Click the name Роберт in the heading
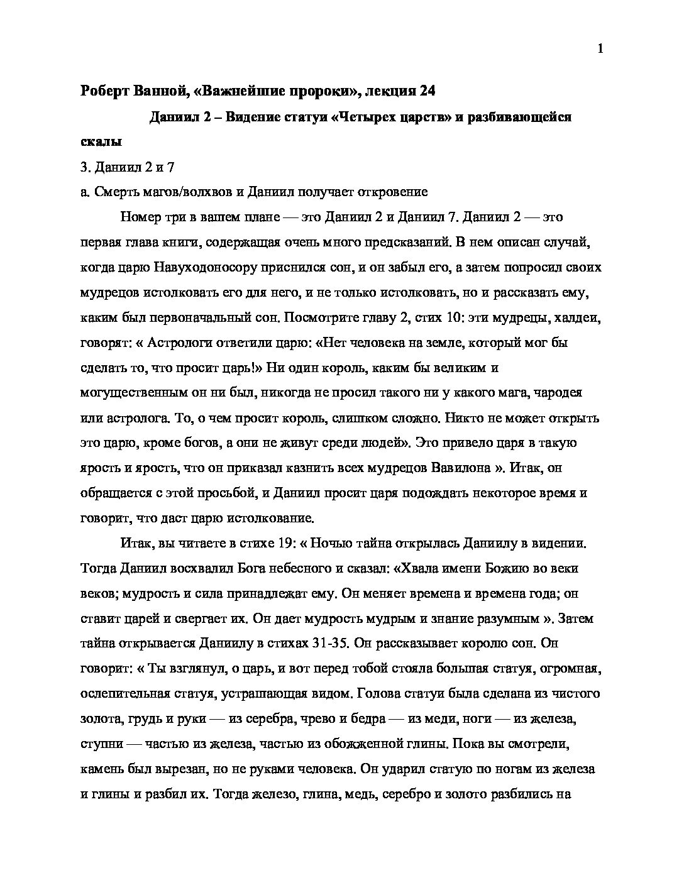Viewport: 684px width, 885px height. pyautogui.click(x=104, y=91)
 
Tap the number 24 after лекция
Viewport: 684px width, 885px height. pyautogui.click(x=426, y=91)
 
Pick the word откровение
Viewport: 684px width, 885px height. pyautogui.click(x=387, y=192)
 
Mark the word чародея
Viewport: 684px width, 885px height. pyautogui.click(x=558, y=393)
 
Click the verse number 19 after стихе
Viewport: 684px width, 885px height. pyautogui.click(x=282, y=544)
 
